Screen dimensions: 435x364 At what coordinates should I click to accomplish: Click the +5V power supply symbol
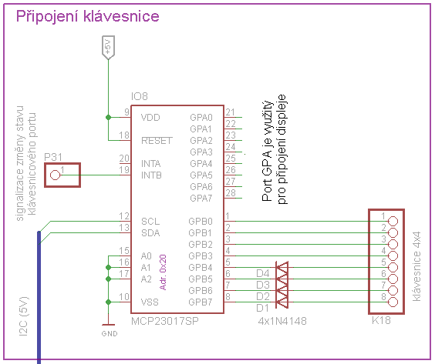coord(108,48)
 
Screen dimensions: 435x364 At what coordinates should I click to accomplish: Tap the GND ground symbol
coord(109,330)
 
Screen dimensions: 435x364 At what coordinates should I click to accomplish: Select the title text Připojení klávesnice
coord(88,16)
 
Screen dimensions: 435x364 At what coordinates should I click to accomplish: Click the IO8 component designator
coord(140,96)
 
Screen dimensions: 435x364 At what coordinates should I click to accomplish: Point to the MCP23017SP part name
coord(165,321)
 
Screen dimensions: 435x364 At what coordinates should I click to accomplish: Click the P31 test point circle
coord(55,175)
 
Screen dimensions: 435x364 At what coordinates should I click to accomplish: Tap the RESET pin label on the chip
coord(157,141)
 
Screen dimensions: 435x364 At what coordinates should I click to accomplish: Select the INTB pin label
coord(151,175)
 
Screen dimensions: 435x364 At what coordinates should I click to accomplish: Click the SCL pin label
coord(150,222)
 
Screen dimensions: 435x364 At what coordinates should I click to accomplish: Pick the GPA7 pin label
coord(201,199)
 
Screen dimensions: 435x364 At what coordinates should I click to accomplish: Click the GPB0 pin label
coord(201,222)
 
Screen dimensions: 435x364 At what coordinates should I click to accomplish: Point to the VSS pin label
coord(150,302)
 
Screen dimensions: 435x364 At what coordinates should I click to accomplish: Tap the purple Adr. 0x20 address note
coord(163,272)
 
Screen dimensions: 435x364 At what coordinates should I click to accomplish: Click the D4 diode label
coord(263,273)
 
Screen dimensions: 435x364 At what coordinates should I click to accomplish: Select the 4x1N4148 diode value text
coord(282,321)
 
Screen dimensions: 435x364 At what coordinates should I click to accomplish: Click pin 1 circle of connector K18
coord(393,221)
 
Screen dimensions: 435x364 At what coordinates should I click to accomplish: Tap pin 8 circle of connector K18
coord(393,302)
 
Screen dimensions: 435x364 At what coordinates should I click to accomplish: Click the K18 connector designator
coord(381,320)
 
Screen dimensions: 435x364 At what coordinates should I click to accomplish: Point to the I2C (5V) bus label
coord(24,316)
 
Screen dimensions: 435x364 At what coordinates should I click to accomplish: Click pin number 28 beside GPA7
coord(231,192)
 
